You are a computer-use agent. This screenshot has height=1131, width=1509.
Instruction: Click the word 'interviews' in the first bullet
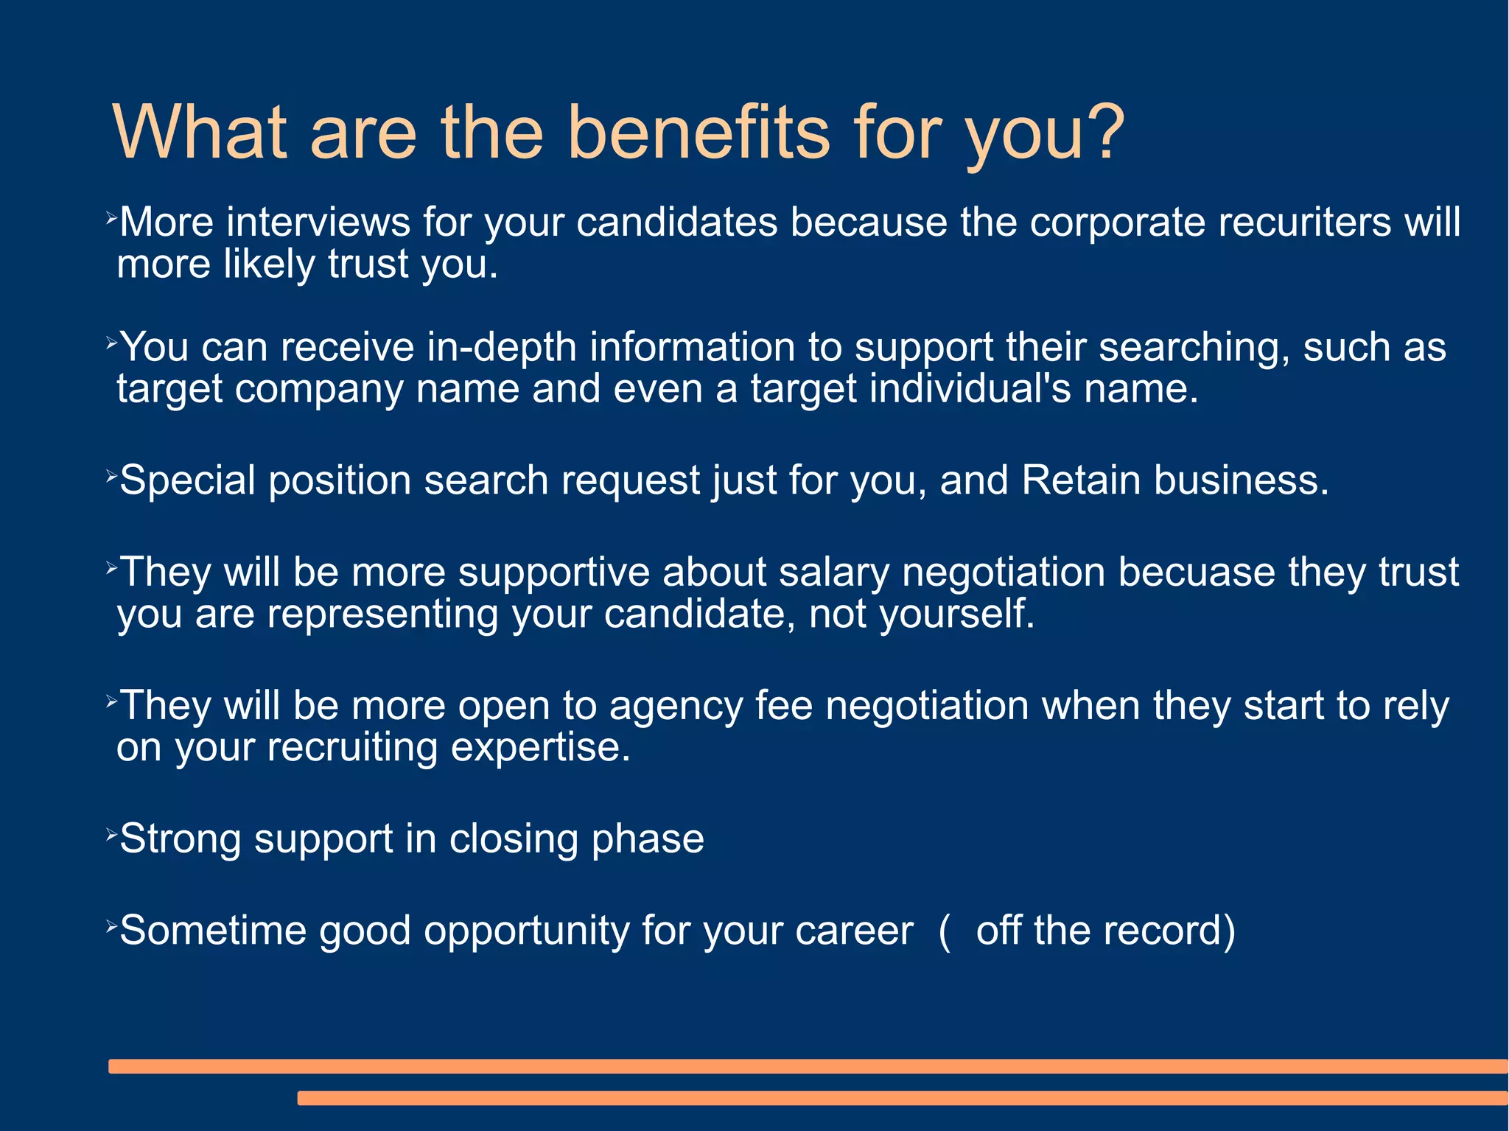pyautogui.click(x=318, y=222)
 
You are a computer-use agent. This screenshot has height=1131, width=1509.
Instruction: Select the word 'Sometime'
pyautogui.click(x=212, y=930)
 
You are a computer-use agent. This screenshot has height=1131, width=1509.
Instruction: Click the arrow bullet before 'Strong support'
pyautogui.click(x=111, y=835)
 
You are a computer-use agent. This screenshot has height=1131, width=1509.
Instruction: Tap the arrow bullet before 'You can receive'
pyautogui.click(x=111, y=342)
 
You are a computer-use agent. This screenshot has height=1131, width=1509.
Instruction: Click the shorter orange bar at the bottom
pyautogui.click(x=902, y=1098)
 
